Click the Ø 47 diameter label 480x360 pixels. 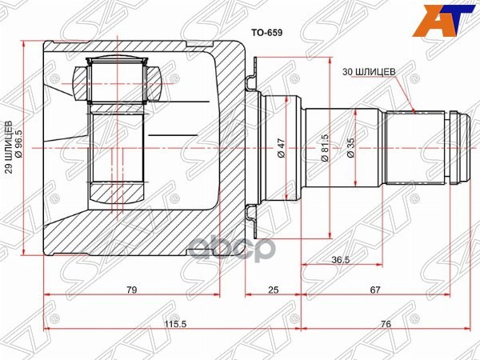[282, 148]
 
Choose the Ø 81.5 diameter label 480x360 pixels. [324, 148]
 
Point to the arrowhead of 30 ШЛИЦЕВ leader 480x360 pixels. [414, 109]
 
